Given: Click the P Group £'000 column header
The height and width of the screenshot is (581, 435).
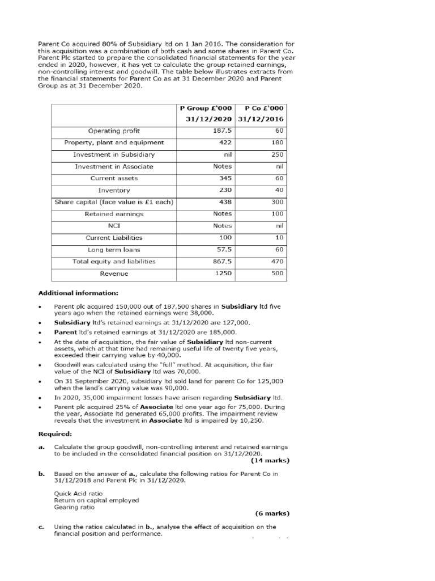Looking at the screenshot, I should click(x=206, y=108).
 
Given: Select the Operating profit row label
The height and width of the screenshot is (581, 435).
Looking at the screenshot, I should click(x=114, y=130).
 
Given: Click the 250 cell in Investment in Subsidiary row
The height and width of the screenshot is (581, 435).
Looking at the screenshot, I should click(x=278, y=154).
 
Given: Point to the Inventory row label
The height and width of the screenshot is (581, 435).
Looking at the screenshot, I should click(x=114, y=191).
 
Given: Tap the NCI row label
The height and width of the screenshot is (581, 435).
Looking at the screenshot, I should click(x=114, y=226).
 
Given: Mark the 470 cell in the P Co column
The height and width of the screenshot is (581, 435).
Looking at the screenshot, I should click(x=278, y=262).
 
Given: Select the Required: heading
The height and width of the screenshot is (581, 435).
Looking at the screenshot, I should click(x=54, y=433).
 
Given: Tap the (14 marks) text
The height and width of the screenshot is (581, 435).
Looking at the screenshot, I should click(x=270, y=460).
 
